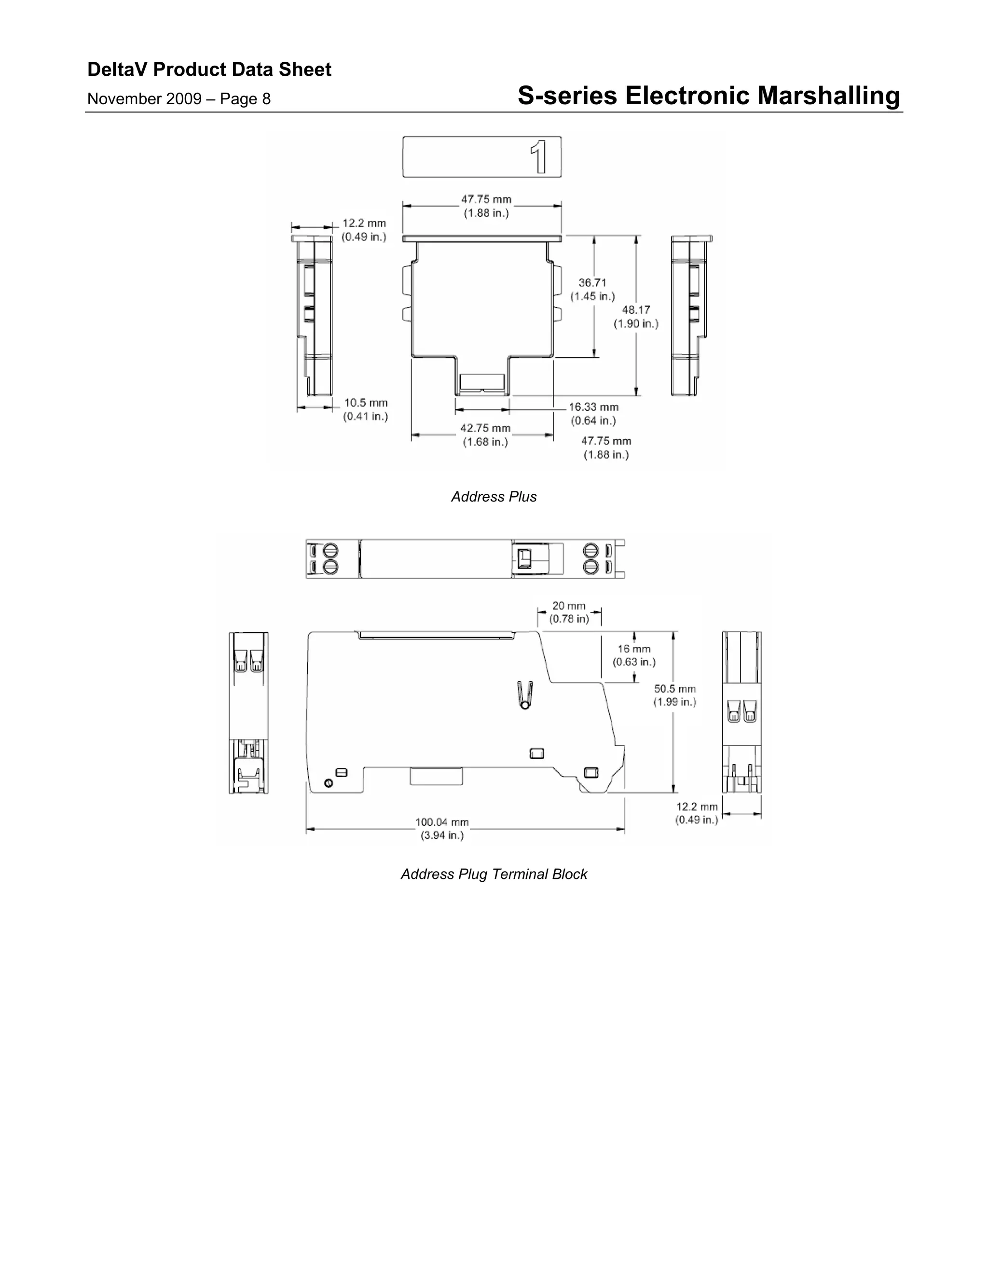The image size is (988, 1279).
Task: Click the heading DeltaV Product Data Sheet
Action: (x=209, y=70)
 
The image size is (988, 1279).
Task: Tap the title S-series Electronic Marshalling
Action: (x=708, y=96)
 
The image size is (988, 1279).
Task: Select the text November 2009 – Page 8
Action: (x=178, y=99)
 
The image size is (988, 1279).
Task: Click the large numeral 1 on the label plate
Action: (x=539, y=157)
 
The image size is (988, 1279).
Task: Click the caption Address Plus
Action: (x=494, y=497)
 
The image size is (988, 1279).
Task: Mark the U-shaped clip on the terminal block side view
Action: (x=525, y=695)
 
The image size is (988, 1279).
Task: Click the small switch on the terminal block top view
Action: (x=524, y=559)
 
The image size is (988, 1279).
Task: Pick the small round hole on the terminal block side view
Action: (x=329, y=783)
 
